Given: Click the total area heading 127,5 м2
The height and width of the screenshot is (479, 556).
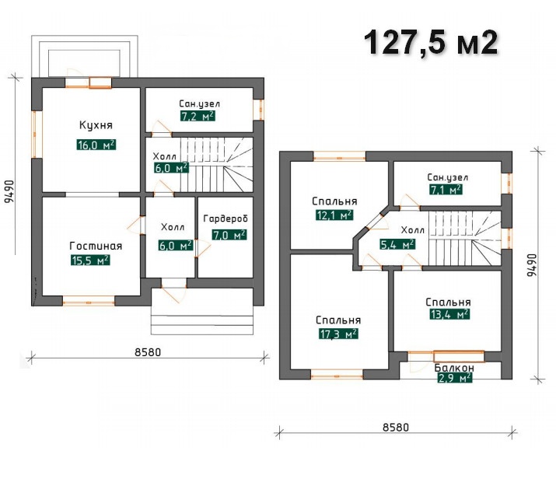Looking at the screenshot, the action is click(431, 43).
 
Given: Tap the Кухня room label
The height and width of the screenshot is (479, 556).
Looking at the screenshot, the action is click(96, 125).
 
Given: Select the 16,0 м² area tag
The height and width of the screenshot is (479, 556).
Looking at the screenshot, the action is click(96, 145).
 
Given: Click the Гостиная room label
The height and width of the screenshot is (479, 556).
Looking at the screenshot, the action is click(96, 246).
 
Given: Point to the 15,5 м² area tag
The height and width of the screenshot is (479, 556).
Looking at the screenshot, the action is click(90, 260).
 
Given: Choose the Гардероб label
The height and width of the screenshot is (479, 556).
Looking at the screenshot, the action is click(226, 219).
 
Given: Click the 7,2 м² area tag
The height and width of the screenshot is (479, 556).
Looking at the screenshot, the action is click(198, 117).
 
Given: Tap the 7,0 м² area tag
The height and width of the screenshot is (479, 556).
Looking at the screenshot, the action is click(229, 235).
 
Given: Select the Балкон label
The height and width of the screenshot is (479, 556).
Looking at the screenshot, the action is click(454, 368).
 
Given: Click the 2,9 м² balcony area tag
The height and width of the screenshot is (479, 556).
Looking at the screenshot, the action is click(455, 378).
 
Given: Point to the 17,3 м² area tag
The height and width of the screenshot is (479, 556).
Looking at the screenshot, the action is click(338, 334).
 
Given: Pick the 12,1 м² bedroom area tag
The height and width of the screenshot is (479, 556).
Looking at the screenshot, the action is click(334, 215).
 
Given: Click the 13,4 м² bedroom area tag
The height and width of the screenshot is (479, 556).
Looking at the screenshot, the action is click(449, 314).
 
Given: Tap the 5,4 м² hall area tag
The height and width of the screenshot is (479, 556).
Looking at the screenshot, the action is click(397, 244).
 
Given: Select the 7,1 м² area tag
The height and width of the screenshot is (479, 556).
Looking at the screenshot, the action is click(446, 190).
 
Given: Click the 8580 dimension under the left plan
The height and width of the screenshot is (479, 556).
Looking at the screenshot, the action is click(148, 352).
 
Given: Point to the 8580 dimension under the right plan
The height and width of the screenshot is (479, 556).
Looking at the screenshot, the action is click(396, 427).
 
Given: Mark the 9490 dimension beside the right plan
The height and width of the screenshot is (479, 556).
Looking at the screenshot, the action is click(532, 265).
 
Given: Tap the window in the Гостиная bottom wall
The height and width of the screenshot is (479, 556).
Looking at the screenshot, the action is click(89, 301).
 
